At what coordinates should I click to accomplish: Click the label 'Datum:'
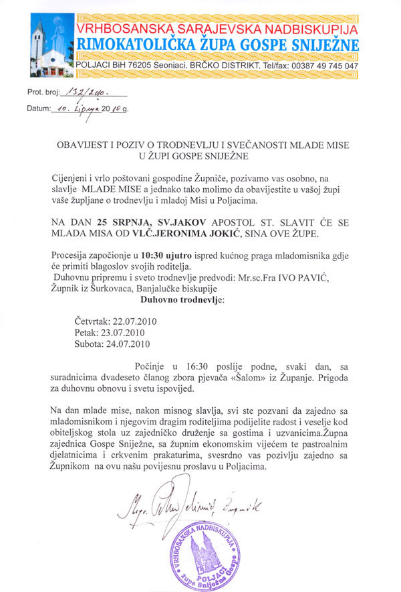pyautogui.click(x=39, y=108)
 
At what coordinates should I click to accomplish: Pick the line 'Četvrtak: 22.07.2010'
pyautogui.click(x=116, y=321)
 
